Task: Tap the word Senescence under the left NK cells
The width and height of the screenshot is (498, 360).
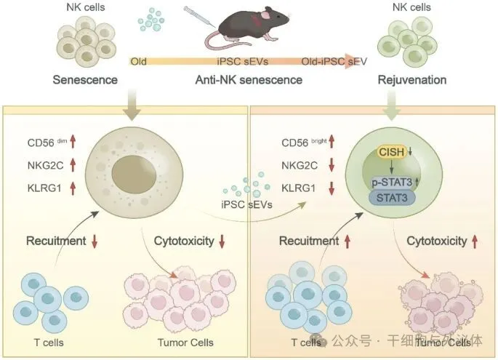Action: click(x=84, y=79)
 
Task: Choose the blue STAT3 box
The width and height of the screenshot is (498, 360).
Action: click(x=393, y=197)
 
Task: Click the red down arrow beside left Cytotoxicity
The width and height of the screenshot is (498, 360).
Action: click(x=222, y=240)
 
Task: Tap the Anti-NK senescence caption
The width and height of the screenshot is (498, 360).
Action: click(x=249, y=79)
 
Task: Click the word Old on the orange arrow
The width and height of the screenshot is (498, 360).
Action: click(x=138, y=60)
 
